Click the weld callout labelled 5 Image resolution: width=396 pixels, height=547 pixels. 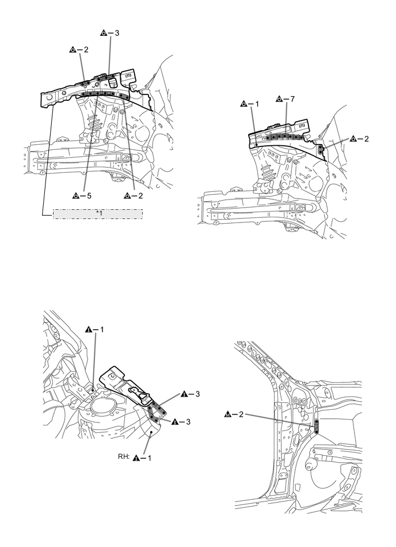(x=82, y=195)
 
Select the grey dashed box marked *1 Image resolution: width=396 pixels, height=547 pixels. (x=98, y=214)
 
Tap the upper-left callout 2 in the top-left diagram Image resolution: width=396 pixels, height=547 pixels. (x=79, y=50)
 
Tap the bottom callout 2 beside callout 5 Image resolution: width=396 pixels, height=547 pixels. (x=132, y=195)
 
